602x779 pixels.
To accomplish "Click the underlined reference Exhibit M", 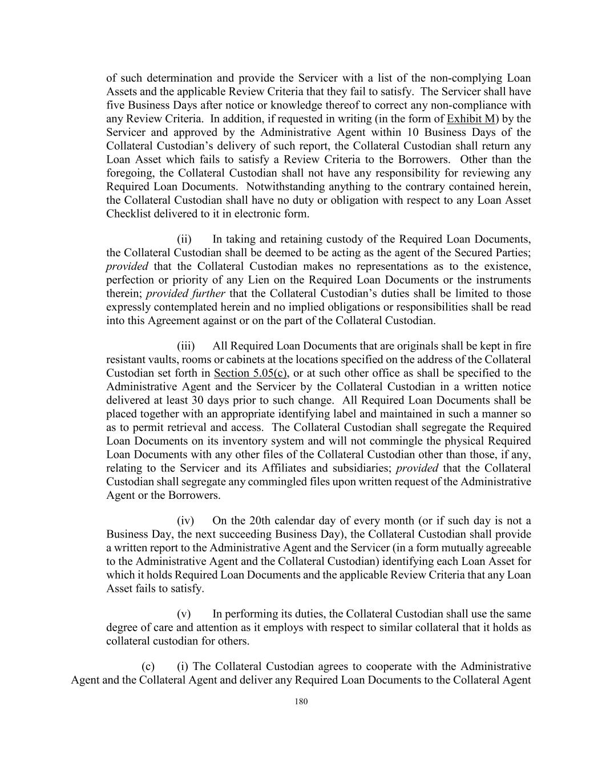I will tap(471, 119).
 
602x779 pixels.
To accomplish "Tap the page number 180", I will tap(301, 702).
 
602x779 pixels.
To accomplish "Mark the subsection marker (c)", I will tap(148, 667).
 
